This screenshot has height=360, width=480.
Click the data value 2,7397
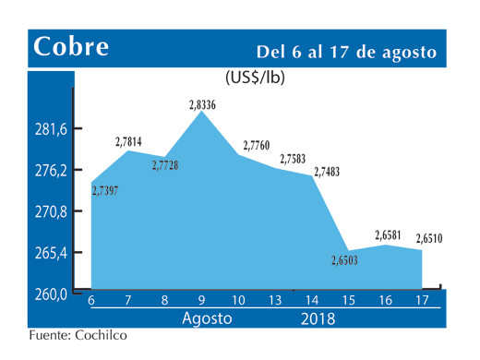pyautogui.click(x=111, y=190)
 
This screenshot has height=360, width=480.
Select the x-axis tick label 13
pyautogui.click(x=275, y=301)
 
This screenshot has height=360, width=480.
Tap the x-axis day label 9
pyautogui.click(x=201, y=301)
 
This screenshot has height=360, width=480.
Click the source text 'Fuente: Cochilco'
pyautogui.click(x=78, y=335)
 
